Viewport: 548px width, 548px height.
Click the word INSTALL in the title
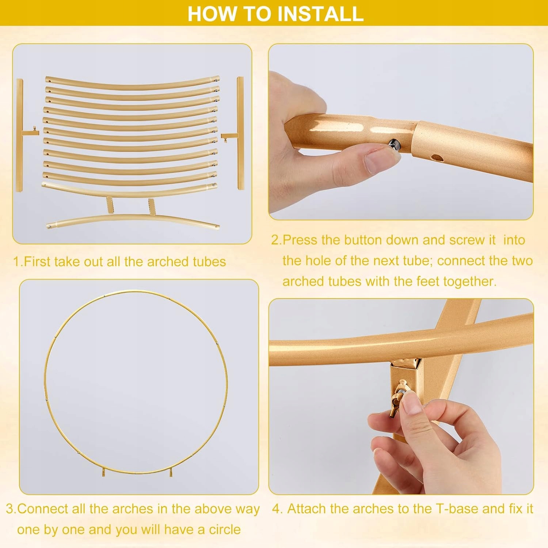pyautogui.click(x=320, y=13)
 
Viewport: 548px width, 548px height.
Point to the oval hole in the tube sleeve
pyautogui.click(x=436, y=158)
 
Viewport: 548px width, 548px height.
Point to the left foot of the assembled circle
pyautogui.click(x=104, y=472)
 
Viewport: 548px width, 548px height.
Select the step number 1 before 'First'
pyautogui.click(x=17, y=262)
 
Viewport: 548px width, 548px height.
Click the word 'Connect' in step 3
pyautogui.click(x=40, y=509)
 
